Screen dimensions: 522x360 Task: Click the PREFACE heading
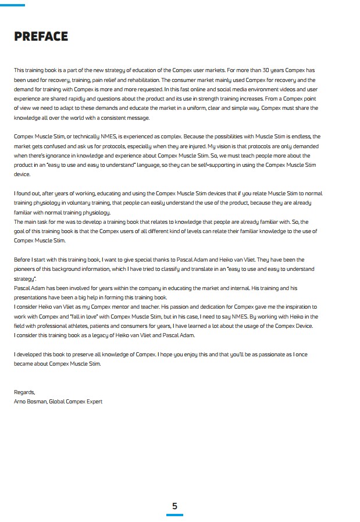point(41,37)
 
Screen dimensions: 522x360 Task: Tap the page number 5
point(174,506)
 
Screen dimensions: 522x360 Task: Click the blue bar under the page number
point(174,515)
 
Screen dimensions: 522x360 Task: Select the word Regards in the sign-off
point(24,392)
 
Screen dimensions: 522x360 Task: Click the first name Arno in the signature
point(20,401)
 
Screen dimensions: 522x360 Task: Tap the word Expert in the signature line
point(93,401)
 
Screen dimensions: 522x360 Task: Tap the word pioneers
point(26,269)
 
